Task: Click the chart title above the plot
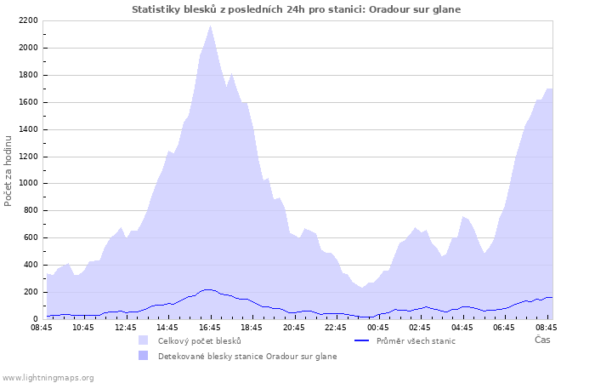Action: tap(297, 9)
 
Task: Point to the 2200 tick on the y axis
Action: tap(28, 20)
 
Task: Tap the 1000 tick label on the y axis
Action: tap(28, 183)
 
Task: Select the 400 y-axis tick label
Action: tap(31, 265)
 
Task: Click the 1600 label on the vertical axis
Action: tap(28, 102)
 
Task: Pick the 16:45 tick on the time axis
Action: tap(210, 327)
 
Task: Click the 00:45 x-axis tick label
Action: tap(377, 327)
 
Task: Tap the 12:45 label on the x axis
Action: tap(126, 327)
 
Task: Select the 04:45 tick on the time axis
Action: tap(462, 327)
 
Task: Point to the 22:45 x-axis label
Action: tap(336, 327)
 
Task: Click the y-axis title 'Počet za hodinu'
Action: tap(8, 169)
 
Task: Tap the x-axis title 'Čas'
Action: tap(542, 340)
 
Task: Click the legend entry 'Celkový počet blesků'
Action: tap(199, 341)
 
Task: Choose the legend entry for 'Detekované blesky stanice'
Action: tap(246, 357)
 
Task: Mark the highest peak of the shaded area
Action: tap(210, 26)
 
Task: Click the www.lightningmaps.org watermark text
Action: tap(48, 377)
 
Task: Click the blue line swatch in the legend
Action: tap(361, 341)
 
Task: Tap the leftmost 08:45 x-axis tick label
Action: tap(42, 327)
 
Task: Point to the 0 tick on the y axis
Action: tap(36, 319)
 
